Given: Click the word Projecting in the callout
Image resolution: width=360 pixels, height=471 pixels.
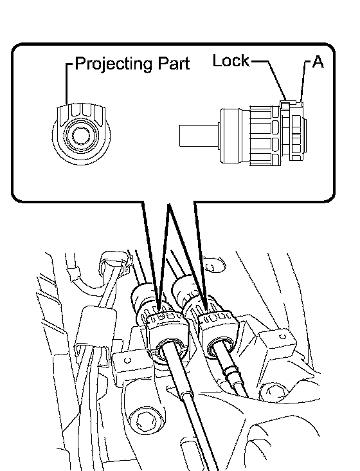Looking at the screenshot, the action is [113, 64].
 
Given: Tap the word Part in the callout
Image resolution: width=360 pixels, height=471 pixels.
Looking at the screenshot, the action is [174, 63].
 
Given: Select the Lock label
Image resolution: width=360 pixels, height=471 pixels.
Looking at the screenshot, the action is [231, 60].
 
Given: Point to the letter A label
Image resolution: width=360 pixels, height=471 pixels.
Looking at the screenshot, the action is [318, 62].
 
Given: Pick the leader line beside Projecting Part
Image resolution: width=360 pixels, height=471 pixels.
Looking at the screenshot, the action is [67, 84].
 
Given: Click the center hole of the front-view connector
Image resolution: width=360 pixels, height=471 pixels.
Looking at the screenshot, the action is [81, 135].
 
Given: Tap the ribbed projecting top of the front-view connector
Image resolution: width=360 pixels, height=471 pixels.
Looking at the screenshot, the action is [81, 113].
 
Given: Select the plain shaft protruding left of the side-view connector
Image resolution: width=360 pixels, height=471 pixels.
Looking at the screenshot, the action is [199, 136].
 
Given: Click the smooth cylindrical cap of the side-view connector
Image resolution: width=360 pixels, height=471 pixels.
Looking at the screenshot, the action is [235, 136].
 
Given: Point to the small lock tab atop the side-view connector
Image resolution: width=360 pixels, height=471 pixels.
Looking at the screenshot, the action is [285, 104].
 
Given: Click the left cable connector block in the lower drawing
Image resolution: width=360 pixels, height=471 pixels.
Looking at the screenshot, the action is [166, 335].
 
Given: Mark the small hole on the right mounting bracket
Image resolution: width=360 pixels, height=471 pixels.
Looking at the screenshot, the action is [283, 337].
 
